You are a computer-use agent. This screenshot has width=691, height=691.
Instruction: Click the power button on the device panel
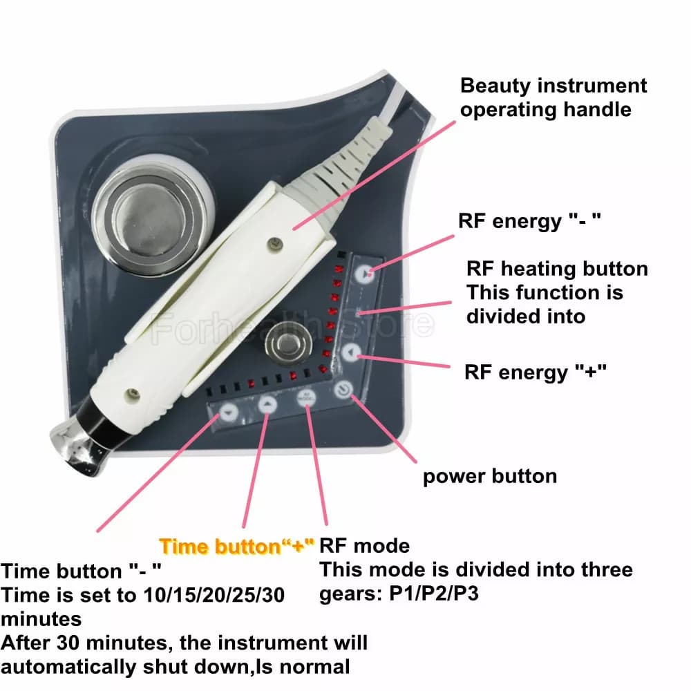pyautogui.click(x=343, y=390)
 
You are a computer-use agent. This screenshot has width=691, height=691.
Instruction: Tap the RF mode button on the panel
pyautogui.click(x=306, y=399)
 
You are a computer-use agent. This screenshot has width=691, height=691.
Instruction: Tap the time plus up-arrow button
pyautogui.click(x=267, y=404)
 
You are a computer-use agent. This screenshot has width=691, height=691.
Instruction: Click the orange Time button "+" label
pyautogui.click(x=236, y=547)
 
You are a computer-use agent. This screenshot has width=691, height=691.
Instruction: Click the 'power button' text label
pyautogui.click(x=490, y=477)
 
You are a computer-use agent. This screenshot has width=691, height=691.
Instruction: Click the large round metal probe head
pyautogui.click(x=149, y=215)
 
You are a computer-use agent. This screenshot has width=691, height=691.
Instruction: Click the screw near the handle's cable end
pyautogui.click(x=276, y=243)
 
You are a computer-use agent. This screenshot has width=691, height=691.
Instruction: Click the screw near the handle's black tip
pyautogui.click(x=132, y=395)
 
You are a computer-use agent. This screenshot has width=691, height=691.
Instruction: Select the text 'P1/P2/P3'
pyautogui.click(x=434, y=594)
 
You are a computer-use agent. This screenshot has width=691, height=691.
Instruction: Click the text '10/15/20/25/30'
pyautogui.click(x=214, y=596)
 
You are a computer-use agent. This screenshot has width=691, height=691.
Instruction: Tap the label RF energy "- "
pyautogui.click(x=529, y=221)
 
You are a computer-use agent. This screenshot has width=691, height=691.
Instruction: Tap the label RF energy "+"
pyautogui.click(x=536, y=372)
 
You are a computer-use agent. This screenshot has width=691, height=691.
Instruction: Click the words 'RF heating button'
pyautogui.click(x=557, y=269)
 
